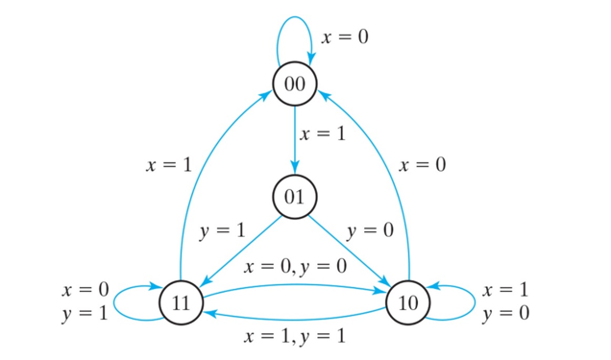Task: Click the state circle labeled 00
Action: (295, 84)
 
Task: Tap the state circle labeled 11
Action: (181, 301)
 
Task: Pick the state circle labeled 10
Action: (408, 301)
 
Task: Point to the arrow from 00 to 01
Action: (295, 140)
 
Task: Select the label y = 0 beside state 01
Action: (370, 231)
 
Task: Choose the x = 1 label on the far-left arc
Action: (168, 165)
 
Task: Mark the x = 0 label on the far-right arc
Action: (423, 165)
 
